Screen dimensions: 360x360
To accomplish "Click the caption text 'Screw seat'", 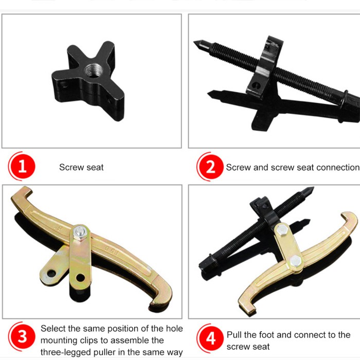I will (81, 167).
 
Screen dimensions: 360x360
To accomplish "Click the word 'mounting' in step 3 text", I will (60, 340).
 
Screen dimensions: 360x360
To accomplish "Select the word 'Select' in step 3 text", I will (53, 328).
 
